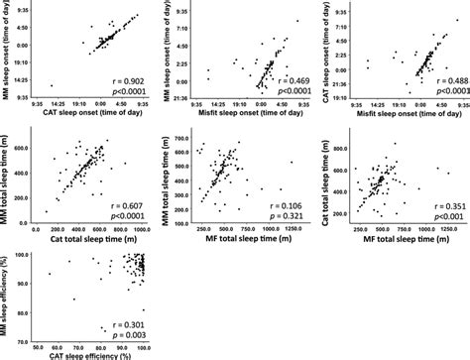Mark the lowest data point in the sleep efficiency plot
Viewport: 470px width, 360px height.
[104, 332]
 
